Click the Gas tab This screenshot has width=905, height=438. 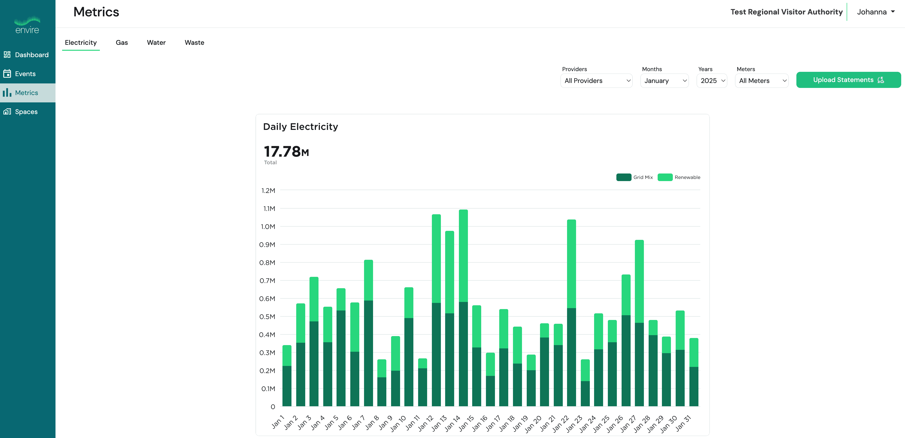click(122, 42)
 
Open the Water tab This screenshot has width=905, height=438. click(156, 42)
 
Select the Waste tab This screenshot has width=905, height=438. click(194, 42)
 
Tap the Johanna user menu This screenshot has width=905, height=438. click(876, 12)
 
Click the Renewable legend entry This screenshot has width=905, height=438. click(679, 177)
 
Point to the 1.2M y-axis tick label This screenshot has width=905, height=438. click(268, 191)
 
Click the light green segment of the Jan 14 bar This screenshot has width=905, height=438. click(463, 256)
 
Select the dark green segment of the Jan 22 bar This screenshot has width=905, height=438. click(572, 357)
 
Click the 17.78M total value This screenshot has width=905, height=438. click(286, 152)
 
